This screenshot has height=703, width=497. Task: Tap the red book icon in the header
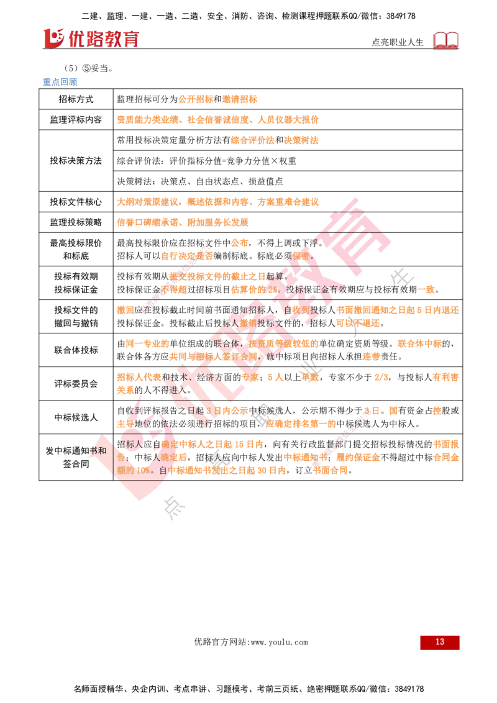(446, 40)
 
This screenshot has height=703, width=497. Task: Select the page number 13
(440, 642)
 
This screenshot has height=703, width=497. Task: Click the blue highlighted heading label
(60, 81)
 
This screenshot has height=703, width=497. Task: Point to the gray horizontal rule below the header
(391, 147)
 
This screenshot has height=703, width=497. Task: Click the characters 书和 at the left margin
(97, 451)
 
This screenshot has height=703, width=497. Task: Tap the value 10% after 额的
(143, 471)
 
